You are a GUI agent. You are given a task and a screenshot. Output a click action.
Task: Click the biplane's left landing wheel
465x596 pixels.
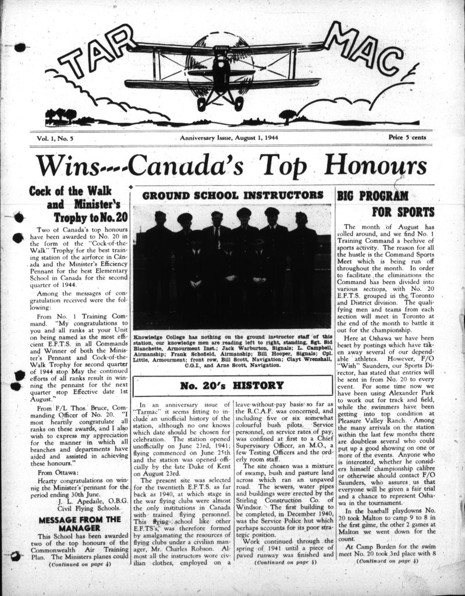click(202, 103)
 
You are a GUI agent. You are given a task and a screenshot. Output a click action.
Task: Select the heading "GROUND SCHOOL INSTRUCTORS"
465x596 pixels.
click(232, 194)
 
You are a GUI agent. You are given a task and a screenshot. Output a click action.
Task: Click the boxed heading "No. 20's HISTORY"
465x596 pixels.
click(232, 385)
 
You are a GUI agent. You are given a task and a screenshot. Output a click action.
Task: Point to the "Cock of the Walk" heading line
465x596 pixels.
click(66, 191)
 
